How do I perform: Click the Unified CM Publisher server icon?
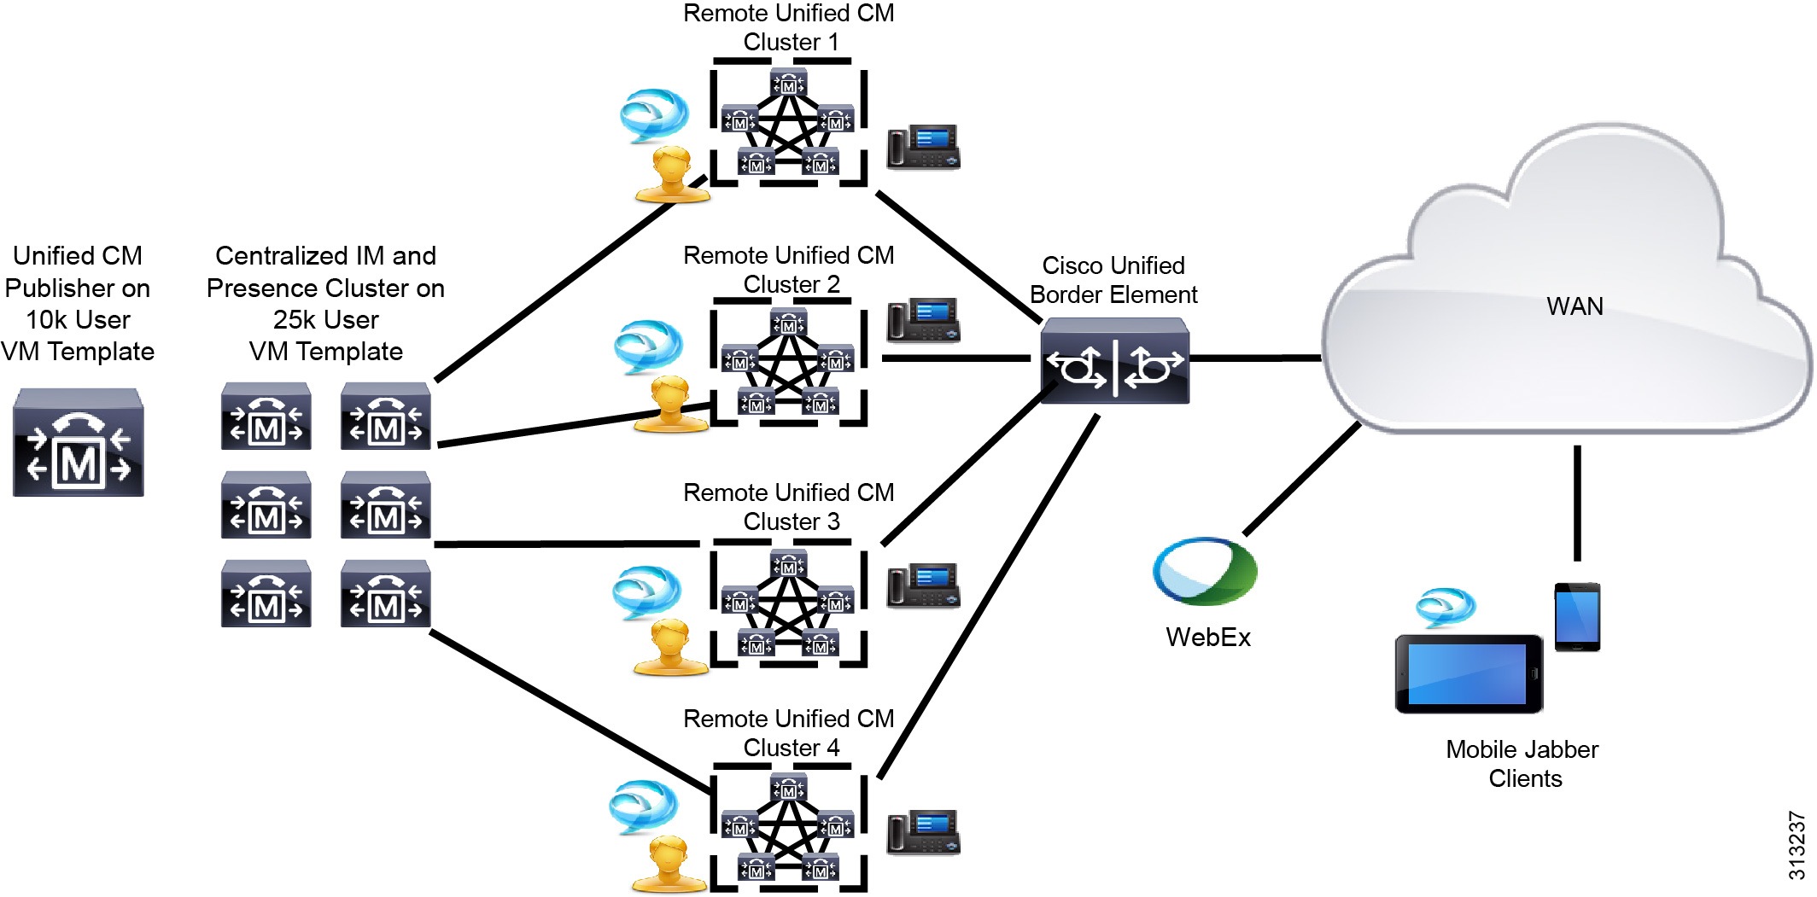pos(79,442)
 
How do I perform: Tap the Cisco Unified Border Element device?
pos(1114,361)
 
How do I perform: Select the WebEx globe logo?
pos(1204,571)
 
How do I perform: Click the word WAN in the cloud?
pos(1575,306)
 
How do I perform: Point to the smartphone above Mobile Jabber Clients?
pos(1577,616)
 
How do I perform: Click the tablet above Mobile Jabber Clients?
pos(1469,674)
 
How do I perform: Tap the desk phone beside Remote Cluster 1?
pos(924,147)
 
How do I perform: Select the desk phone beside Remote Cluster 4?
pos(924,832)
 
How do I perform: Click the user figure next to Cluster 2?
pos(671,405)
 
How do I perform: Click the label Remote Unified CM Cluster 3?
pos(789,507)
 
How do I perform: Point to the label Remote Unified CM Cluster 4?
pos(789,733)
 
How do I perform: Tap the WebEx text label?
pos(1207,638)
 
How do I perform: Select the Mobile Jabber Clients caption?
pos(1522,764)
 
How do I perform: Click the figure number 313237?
pos(1797,845)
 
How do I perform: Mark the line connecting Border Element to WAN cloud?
pos(1255,358)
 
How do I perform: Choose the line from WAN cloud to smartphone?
pos(1577,504)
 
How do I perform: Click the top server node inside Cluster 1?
pos(788,84)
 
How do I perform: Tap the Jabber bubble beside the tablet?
pos(1445,606)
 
